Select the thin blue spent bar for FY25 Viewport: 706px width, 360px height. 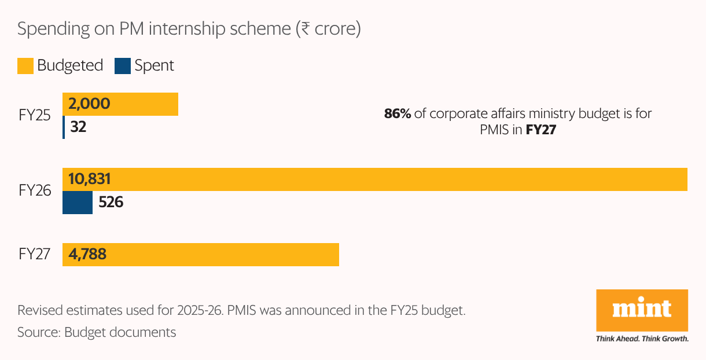point(64,127)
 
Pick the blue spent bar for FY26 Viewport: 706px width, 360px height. point(78,203)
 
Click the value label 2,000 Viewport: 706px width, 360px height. point(89,104)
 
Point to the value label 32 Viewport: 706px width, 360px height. point(78,127)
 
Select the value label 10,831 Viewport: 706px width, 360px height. point(89,179)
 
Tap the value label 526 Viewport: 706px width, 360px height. point(111,203)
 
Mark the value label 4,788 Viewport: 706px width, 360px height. point(87,255)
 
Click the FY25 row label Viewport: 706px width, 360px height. point(35,115)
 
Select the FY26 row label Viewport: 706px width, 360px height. point(35,190)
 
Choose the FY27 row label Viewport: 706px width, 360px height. point(35,254)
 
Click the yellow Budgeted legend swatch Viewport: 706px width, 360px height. point(25,66)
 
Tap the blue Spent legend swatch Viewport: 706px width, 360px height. point(123,66)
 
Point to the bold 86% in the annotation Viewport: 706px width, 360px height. point(398,114)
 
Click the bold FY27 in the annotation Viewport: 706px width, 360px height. point(540,131)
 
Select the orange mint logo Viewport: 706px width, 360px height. point(642,310)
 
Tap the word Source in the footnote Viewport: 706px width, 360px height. point(36,332)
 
